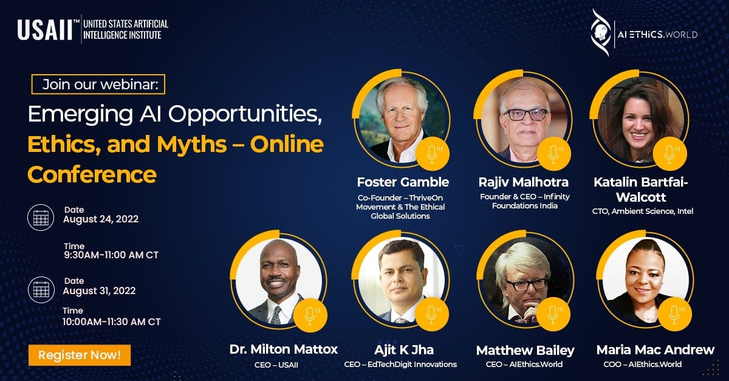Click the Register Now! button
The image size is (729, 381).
[80, 354]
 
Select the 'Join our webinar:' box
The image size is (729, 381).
[98, 84]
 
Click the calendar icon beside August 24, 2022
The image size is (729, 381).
[41, 217]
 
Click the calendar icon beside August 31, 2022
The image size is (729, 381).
[41, 289]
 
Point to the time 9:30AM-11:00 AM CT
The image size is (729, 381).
[111, 255]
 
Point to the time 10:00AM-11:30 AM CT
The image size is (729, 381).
[111, 321]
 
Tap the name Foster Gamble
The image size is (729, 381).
[403, 182]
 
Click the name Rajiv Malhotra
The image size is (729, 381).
[524, 182]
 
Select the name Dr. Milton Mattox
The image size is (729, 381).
[284, 349]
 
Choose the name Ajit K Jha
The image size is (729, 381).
[404, 349]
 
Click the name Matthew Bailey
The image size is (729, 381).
[525, 350]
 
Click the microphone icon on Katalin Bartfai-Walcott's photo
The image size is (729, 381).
[671, 153]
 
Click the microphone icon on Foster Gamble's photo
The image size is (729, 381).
[432, 153]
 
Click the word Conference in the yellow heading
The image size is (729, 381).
[92, 174]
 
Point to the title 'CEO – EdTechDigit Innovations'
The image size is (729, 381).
[400, 365]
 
